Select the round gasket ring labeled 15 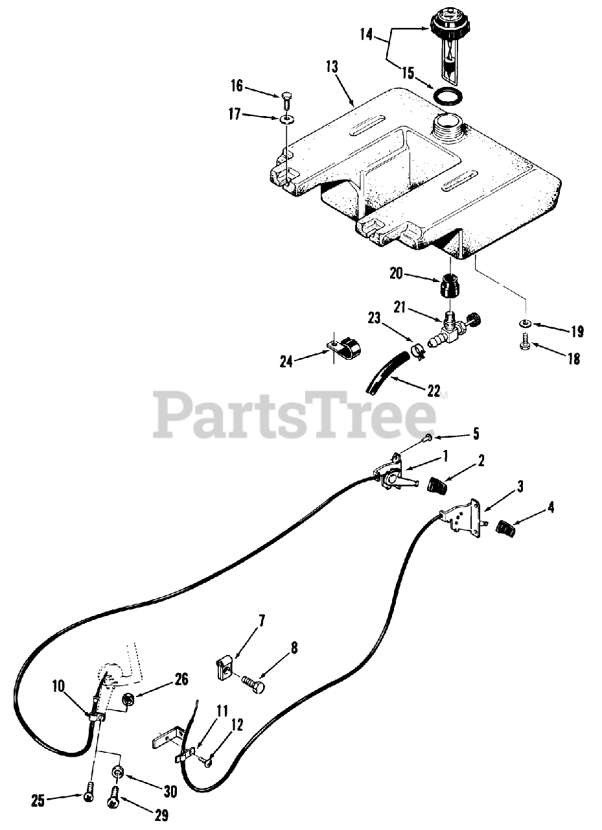448,97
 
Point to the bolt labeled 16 286,99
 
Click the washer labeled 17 285,119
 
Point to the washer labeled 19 525,324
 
